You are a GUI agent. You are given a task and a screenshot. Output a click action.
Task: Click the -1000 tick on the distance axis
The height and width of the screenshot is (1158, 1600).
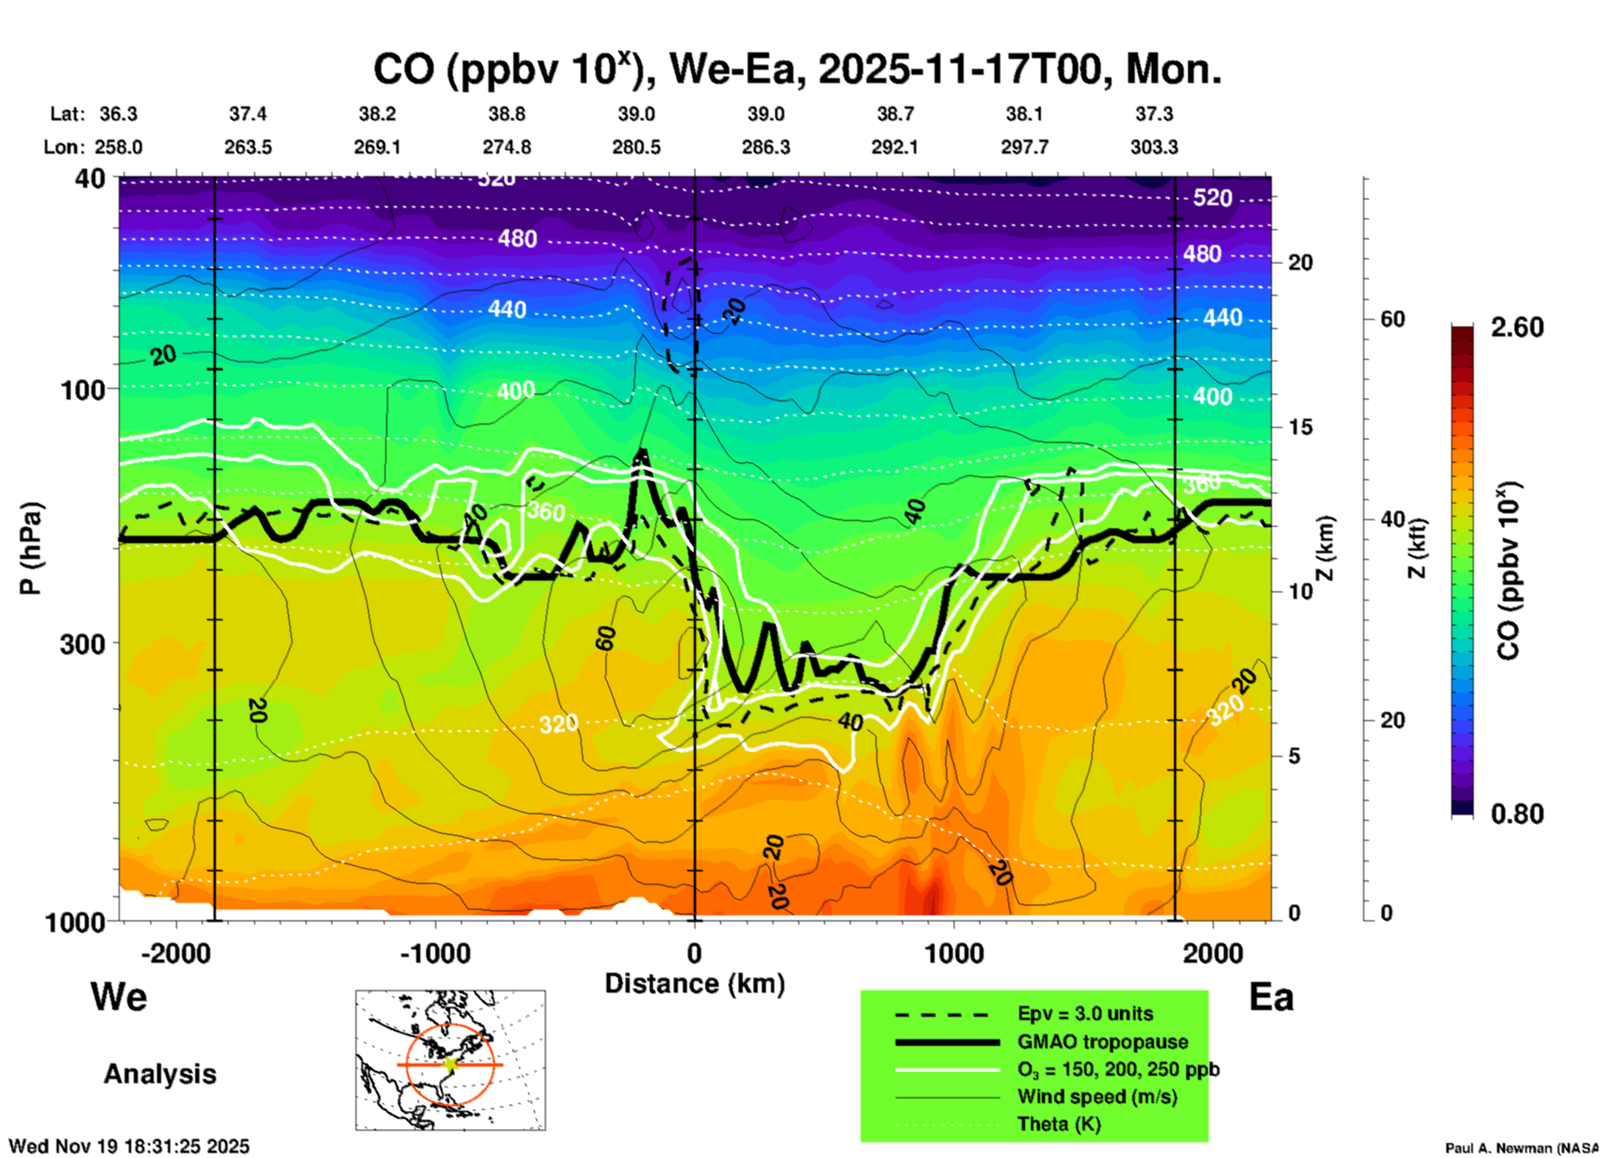click(x=435, y=953)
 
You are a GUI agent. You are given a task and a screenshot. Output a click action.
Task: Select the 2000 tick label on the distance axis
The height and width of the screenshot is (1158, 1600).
click(x=1213, y=953)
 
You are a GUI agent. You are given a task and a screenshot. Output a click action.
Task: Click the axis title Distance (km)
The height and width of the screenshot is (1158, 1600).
click(x=694, y=984)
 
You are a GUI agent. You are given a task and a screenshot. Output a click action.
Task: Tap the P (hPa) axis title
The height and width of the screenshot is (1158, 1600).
click(x=31, y=548)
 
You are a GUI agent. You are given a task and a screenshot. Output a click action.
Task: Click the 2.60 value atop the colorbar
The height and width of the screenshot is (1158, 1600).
click(x=1517, y=327)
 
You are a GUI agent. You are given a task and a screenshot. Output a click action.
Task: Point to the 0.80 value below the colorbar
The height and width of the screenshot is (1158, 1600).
click(x=1517, y=814)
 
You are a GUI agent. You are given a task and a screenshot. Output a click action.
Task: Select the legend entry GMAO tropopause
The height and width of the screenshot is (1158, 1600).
click(x=1102, y=1042)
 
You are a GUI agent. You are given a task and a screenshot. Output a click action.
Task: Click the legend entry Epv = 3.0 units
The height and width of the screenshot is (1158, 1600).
click(x=1085, y=1014)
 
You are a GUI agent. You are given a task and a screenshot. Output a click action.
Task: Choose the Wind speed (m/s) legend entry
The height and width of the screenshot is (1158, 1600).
click(x=1097, y=1097)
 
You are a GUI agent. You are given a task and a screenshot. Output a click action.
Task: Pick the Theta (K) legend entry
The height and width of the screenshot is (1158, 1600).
click(x=1059, y=1124)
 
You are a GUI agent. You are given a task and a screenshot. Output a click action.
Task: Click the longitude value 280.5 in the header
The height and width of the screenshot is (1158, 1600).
click(x=636, y=147)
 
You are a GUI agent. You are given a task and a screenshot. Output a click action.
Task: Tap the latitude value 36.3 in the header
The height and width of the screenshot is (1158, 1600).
click(x=119, y=114)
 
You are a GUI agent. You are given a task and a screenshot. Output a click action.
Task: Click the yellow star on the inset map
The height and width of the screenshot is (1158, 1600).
click(x=450, y=1064)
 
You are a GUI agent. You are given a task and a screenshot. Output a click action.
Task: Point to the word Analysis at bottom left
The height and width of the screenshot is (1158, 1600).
click(x=160, y=1074)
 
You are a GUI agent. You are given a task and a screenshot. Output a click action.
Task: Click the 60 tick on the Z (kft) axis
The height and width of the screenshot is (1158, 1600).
click(x=1393, y=319)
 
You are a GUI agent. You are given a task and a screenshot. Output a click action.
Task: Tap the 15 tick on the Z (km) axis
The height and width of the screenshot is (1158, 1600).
click(x=1301, y=427)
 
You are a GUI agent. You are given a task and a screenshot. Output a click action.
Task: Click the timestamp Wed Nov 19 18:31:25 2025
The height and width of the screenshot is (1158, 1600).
click(x=130, y=1146)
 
